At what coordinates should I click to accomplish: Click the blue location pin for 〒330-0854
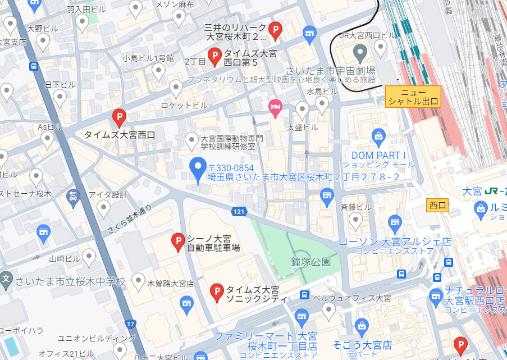[x=197, y=168]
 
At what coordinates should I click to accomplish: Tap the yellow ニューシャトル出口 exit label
[x=413, y=97]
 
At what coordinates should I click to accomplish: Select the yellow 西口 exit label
[x=437, y=205]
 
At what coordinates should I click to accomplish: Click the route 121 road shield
[x=239, y=211]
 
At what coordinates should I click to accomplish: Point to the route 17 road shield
[x=131, y=324]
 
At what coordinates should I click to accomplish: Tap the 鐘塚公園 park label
[x=310, y=262]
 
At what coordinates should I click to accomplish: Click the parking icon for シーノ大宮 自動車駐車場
[x=178, y=242]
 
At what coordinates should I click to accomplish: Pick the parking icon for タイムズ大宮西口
[x=118, y=117]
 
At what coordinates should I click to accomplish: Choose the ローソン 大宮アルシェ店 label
[x=395, y=241]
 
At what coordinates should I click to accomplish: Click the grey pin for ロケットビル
[x=176, y=88]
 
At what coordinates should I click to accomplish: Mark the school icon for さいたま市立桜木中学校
[x=6, y=279]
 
